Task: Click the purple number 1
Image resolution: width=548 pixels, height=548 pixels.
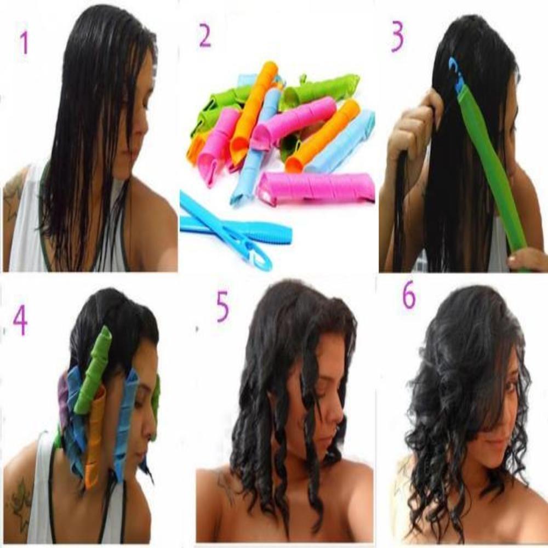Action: point(24,42)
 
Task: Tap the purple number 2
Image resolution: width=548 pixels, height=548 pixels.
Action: point(204,36)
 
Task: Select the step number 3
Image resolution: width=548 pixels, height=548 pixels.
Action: point(397,37)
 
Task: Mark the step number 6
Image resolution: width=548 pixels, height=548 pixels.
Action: point(409,296)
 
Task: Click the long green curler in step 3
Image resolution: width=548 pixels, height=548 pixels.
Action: point(490,164)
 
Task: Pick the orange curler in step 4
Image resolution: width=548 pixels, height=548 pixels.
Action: point(94,438)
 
